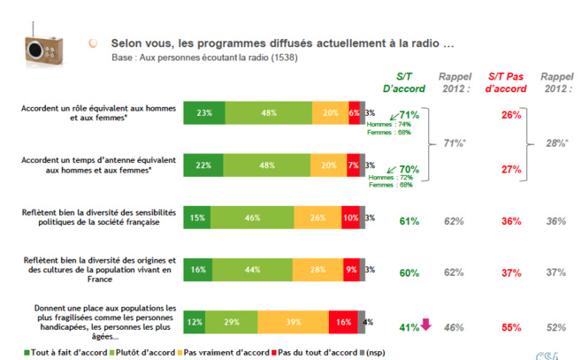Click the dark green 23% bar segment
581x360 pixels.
[x=203, y=113]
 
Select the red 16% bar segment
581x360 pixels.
[x=344, y=322]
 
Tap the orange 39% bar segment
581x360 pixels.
[x=293, y=322]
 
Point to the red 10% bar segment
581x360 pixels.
[x=350, y=218]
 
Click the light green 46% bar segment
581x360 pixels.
[x=252, y=218]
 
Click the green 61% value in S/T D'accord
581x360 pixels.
[x=408, y=221]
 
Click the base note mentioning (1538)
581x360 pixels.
[x=204, y=57]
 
